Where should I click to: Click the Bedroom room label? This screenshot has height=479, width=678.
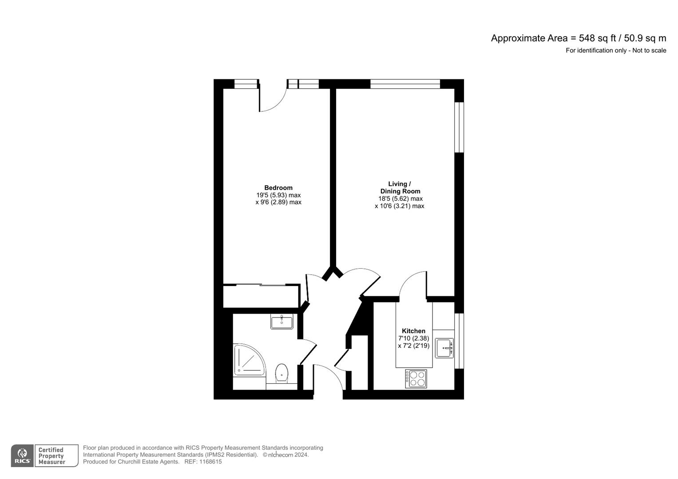(x=278, y=188)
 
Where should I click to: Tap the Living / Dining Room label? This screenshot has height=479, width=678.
(x=400, y=188)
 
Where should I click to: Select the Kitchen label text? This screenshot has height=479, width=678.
(x=413, y=331)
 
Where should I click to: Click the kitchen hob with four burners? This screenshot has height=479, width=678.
(x=416, y=378)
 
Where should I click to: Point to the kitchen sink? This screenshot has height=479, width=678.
(x=444, y=348)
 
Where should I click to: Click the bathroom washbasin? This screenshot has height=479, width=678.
(x=282, y=322)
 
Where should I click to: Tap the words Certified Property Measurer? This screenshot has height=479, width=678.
(x=52, y=456)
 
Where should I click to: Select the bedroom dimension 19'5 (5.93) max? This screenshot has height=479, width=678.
(x=278, y=195)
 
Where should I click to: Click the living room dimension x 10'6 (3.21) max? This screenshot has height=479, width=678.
(x=400, y=206)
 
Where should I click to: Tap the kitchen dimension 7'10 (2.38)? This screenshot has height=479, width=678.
(x=413, y=338)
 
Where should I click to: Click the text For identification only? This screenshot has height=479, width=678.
(x=596, y=51)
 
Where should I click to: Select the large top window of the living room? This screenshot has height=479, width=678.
(x=405, y=84)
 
